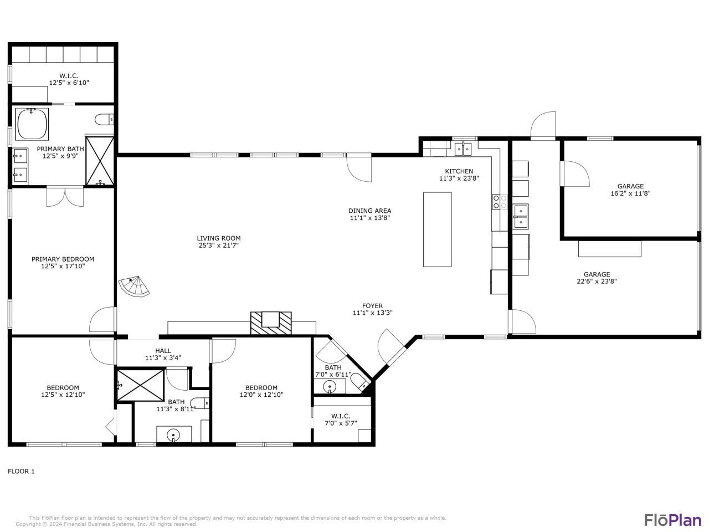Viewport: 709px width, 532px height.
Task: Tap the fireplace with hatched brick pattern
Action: pos(271,323)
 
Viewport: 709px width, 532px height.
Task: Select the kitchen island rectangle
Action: pos(437,229)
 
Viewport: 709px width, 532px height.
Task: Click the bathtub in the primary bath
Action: pos(32,124)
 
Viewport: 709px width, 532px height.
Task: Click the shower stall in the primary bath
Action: pos(100,160)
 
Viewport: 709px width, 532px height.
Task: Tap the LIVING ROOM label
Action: pos(219,238)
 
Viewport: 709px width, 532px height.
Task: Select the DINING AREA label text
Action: pos(369,211)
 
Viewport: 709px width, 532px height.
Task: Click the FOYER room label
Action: pos(372,306)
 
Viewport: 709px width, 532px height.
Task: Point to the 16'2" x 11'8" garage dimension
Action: pos(630,194)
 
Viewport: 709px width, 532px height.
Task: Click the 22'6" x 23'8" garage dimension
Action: pos(597,281)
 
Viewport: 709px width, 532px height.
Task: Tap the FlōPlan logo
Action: pos(672,520)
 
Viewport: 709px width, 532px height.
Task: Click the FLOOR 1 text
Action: pos(21,472)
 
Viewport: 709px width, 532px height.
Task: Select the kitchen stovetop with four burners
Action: pos(500,202)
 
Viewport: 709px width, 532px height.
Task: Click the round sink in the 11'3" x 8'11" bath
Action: pos(174,435)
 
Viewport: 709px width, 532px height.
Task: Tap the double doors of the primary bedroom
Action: pos(65,197)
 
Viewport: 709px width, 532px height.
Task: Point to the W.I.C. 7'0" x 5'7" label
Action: pos(341,420)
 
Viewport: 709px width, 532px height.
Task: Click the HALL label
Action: pos(163,351)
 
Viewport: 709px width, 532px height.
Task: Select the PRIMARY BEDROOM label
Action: pos(63,259)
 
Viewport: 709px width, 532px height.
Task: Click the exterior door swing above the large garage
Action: pos(543,125)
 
